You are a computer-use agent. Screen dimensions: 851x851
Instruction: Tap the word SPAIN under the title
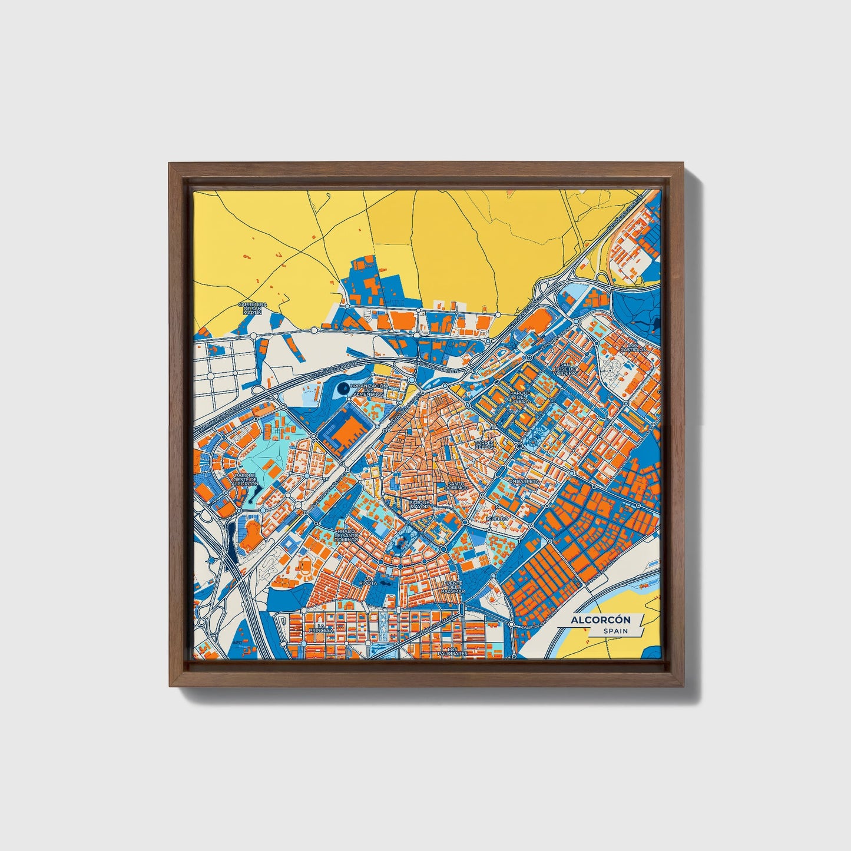pos(615,631)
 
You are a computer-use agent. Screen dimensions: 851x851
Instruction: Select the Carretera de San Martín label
pos(253,308)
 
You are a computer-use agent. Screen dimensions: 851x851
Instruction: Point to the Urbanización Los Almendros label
pos(368,390)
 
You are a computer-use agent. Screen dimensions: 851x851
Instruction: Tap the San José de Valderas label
pos(566,369)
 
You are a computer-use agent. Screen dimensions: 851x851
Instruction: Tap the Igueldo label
pos(496,518)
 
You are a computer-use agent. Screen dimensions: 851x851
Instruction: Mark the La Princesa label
pos(321,627)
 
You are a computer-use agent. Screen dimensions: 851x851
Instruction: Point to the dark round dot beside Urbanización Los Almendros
pos(343,389)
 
